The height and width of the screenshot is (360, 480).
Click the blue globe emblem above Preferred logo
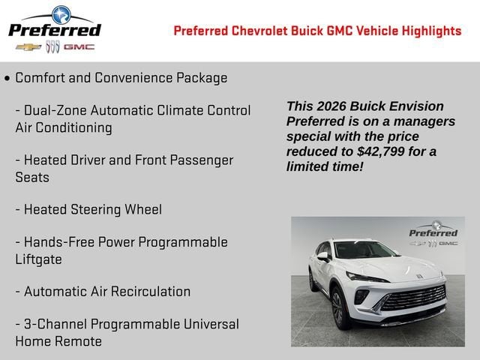[61, 15]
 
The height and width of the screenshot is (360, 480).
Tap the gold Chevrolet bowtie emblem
[28, 47]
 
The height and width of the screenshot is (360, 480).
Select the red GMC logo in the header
[79, 47]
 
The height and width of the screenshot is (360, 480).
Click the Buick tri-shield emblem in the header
[52, 46]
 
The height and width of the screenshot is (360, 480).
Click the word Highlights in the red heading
[431, 31]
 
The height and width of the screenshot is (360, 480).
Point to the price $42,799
[380, 151]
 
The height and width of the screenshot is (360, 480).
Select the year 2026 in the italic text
[331, 106]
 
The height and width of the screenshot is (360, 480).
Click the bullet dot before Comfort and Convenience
[7, 79]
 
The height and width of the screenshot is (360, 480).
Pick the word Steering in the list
[96, 210]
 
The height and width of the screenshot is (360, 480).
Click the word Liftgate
[38, 259]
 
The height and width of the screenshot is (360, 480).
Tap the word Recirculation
[151, 292]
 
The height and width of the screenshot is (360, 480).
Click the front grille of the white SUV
[413, 298]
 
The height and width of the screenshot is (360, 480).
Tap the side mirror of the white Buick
[323, 256]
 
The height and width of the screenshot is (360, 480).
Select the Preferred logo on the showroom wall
[433, 233]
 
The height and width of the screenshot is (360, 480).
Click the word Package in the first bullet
[202, 78]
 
